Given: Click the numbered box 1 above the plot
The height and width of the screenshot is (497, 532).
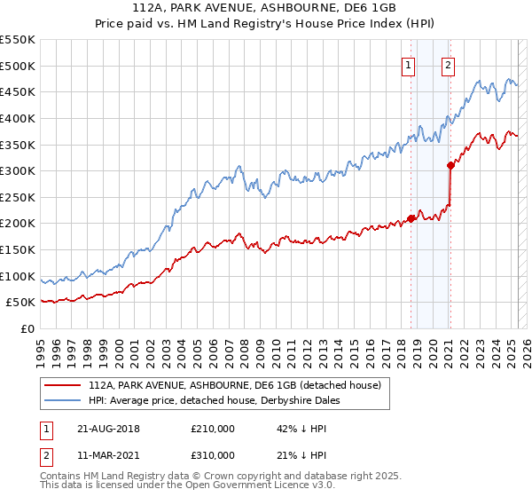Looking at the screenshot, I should (409, 65).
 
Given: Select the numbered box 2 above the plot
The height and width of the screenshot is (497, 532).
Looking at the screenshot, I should (449, 65).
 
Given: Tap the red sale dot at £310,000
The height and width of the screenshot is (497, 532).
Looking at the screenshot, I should (450, 164).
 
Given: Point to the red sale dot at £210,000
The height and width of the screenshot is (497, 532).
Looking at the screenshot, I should (411, 217).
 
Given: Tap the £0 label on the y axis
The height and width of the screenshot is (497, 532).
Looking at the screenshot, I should (27, 329).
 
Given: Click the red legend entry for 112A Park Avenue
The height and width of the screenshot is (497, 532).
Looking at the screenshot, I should (234, 385).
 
